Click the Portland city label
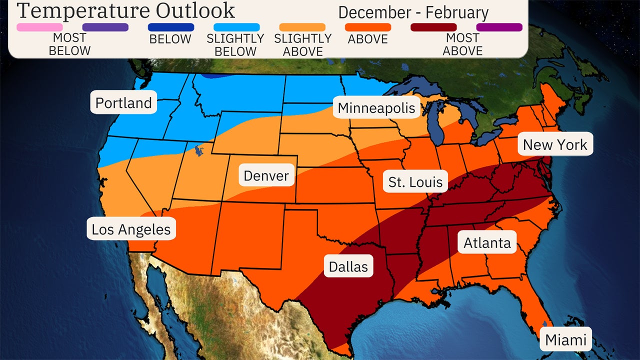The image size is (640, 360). coord(123,103)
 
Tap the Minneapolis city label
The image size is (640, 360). coord(376,108)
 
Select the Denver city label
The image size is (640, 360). coord(266,175)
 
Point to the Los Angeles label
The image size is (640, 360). coord(131,229)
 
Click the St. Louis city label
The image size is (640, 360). coord(415,182)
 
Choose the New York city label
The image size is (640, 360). coord(555,144)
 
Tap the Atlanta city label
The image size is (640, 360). coord(487,243)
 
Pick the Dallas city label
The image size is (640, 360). coord(348,266)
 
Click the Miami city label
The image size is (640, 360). coord(565,340)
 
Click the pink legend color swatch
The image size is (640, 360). coord(39,27)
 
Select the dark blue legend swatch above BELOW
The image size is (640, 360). coord(171,27)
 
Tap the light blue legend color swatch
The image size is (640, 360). coord(236,27)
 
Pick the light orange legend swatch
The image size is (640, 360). coord(302,27)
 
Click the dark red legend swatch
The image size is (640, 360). coord(433,27)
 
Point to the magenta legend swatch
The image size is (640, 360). coord(499,27)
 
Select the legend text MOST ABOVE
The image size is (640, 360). coord(462,44)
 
